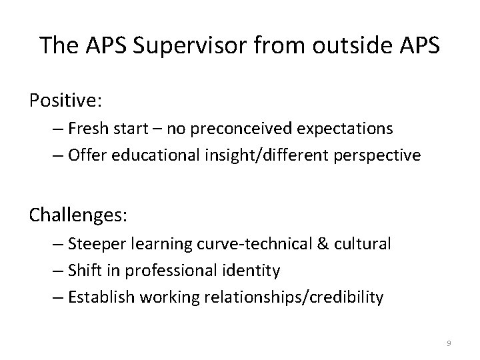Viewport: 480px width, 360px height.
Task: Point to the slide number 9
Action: tap(449, 343)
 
